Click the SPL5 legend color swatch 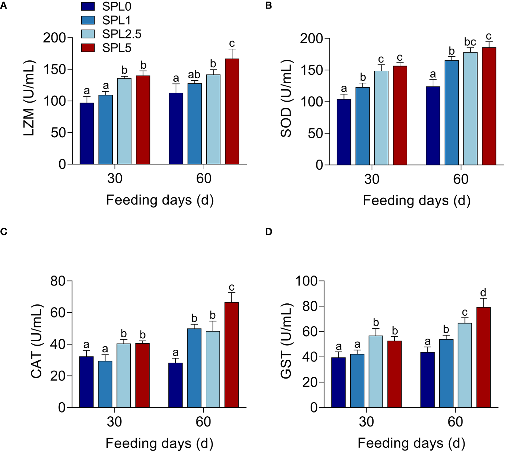click(88, 48)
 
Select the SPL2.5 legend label click(121, 34)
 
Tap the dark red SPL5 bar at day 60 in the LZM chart click(232, 112)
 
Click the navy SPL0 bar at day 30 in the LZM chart click(87, 133)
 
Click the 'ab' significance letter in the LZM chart click(194, 74)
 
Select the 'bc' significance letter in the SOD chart click(470, 42)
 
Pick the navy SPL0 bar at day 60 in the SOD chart click(433, 126)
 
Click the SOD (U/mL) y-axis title click(286, 99)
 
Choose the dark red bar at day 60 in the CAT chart click(232, 355)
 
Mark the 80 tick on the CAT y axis click(58, 281)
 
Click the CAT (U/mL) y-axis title click(36, 341)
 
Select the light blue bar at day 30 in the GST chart click(376, 371)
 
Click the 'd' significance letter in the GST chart click(483, 293)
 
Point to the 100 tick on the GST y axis click(306, 281)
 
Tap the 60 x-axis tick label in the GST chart click(455, 422)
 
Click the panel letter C click(4, 232)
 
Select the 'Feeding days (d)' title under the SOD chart click(417, 200)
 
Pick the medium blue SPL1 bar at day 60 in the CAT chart click(194, 368)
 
